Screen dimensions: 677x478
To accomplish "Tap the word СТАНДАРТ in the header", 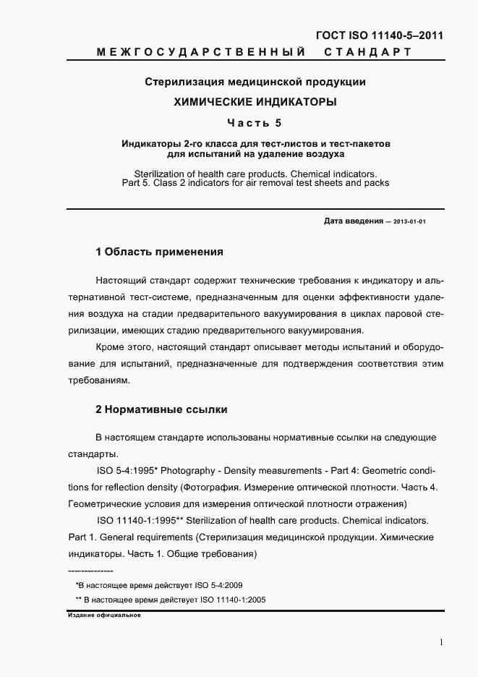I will point(367,52).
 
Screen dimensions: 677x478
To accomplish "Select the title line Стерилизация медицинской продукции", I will point(255,82).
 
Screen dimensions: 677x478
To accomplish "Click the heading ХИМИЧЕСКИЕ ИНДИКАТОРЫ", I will point(255,102).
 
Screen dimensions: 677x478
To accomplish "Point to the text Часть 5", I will point(255,122).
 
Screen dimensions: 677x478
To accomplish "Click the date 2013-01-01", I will point(409,222).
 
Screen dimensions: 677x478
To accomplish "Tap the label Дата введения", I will point(353,221).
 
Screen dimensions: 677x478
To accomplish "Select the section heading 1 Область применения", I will point(159,252).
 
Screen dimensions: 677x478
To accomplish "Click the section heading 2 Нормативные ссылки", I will point(161,409).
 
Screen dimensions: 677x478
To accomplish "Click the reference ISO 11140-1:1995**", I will point(137,521).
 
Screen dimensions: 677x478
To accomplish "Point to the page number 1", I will point(440,642).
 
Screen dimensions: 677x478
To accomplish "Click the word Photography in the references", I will point(187,471).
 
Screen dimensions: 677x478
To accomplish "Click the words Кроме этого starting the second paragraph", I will point(122,347).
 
